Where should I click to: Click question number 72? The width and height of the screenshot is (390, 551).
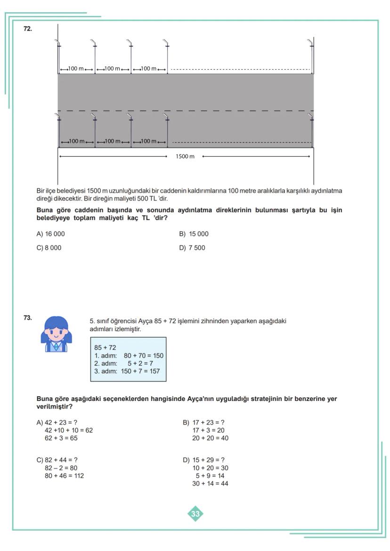pyautogui.click(x=28, y=29)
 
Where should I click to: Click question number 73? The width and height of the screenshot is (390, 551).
pyautogui.click(x=28, y=318)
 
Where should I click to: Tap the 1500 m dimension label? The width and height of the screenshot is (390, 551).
pyautogui.click(x=185, y=156)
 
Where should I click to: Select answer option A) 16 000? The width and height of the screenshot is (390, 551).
pyautogui.click(x=51, y=234)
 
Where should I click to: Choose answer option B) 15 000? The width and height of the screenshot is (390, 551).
pyautogui.click(x=194, y=234)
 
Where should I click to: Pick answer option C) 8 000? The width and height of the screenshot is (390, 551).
pyautogui.click(x=49, y=248)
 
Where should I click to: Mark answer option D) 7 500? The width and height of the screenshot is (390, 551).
pyautogui.click(x=192, y=248)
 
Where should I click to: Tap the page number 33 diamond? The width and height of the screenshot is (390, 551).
pyautogui.click(x=195, y=514)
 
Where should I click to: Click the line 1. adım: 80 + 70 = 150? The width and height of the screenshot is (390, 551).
pyautogui.click(x=129, y=356)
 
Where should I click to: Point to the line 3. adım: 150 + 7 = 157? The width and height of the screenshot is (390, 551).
pyautogui.click(x=127, y=371)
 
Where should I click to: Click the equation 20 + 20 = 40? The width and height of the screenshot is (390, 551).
pyautogui.click(x=210, y=438)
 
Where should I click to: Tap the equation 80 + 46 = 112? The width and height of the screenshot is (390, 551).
pyautogui.click(x=64, y=476)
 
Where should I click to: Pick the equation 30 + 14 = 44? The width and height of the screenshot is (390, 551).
pyautogui.click(x=210, y=483)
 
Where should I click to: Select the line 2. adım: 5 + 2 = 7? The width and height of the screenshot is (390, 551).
pyautogui.click(x=123, y=363)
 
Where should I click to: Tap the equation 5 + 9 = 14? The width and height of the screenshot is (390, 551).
pyautogui.click(x=212, y=476)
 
